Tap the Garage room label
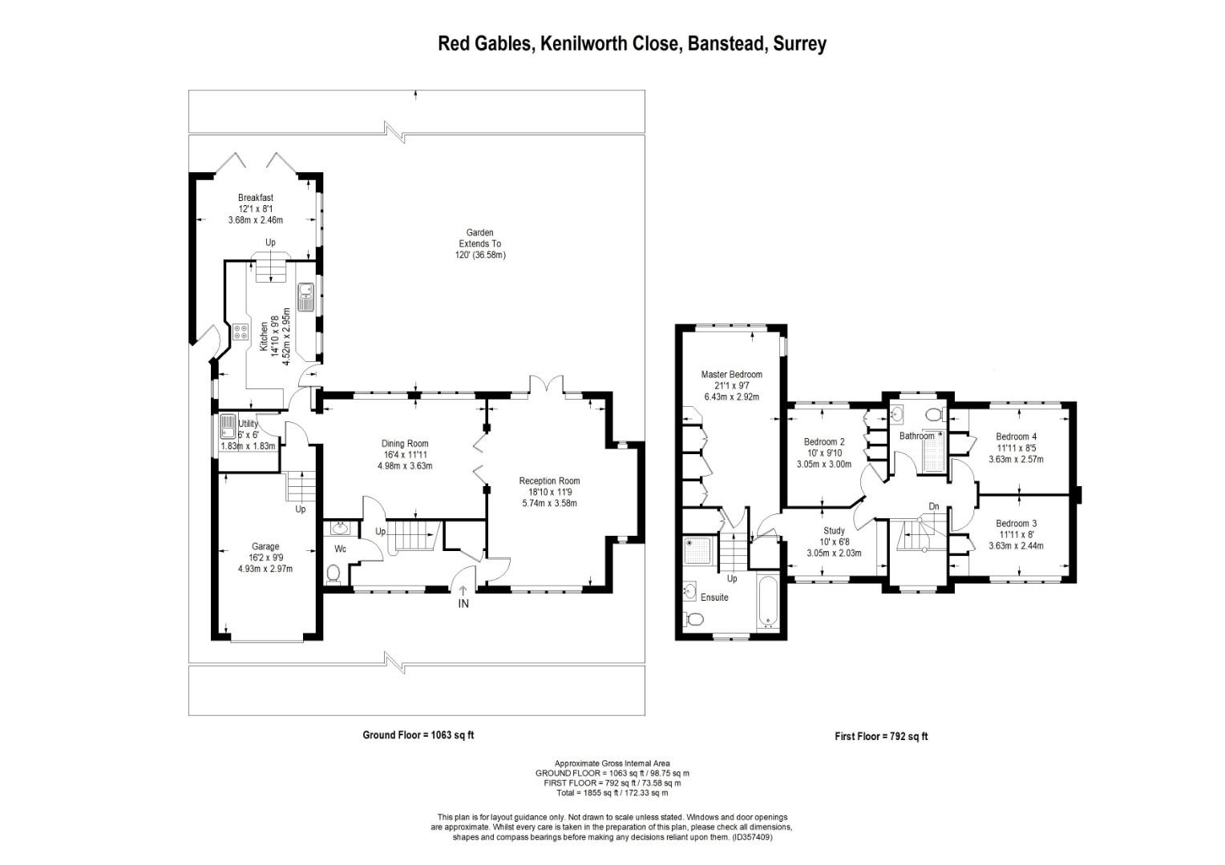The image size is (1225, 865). coord(265,546)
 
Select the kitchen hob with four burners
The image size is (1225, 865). coord(240,332)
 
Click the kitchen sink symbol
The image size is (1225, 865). coord(305,297)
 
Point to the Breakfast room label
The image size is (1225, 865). coord(256,197)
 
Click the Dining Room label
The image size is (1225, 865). coord(405,444)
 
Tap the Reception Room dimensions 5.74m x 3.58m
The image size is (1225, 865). coord(549,503)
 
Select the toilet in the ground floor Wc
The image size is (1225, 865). coord(333,573)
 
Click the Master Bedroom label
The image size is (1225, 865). coord(732,374)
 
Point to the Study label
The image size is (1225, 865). coord(834,530)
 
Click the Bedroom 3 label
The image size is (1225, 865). coord(1016,523)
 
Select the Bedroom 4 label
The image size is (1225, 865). coord(1016,436)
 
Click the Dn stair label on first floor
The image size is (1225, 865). coord(934,506)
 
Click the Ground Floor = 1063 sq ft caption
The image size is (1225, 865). coord(418,735)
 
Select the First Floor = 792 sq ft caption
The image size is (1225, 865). coord(881,736)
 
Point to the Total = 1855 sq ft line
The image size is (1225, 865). coord(612,793)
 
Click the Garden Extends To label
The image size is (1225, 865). coord(479,238)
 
